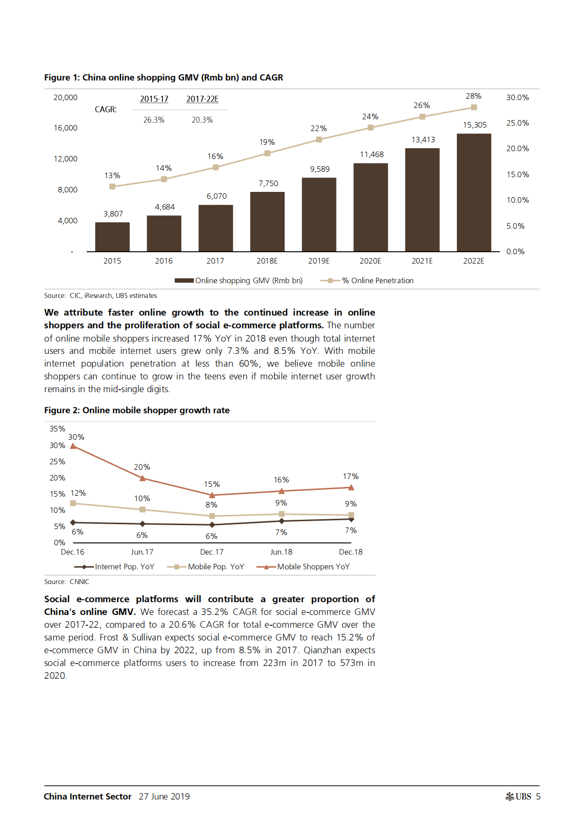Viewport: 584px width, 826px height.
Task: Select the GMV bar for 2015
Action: point(112,237)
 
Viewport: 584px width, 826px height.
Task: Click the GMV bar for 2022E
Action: point(474,192)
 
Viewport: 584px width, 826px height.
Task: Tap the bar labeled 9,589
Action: point(319,214)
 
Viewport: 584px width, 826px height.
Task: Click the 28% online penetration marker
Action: point(474,107)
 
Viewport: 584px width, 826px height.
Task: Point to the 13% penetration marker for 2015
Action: point(112,187)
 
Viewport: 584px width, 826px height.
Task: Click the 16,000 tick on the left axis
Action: point(66,128)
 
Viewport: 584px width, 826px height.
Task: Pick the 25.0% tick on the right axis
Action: point(517,123)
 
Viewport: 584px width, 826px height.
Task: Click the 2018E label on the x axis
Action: point(267,261)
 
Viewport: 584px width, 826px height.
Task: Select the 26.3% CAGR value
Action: point(154,120)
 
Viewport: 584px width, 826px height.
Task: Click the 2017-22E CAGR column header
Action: point(202,99)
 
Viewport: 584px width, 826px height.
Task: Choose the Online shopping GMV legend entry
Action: point(239,281)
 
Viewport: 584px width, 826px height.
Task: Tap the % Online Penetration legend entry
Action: point(367,281)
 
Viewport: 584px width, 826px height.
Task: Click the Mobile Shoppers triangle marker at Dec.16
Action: point(73,446)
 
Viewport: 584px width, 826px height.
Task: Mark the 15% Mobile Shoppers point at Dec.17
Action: point(212,495)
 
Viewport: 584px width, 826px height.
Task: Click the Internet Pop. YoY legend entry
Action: point(114,567)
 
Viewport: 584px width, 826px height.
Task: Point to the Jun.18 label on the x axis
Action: point(281,552)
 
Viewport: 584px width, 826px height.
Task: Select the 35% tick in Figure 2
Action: point(57,429)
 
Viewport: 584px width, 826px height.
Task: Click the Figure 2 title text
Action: point(137,410)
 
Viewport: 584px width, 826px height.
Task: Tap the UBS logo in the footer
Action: point(518,797)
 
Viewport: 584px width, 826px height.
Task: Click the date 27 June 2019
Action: point(164,797)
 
